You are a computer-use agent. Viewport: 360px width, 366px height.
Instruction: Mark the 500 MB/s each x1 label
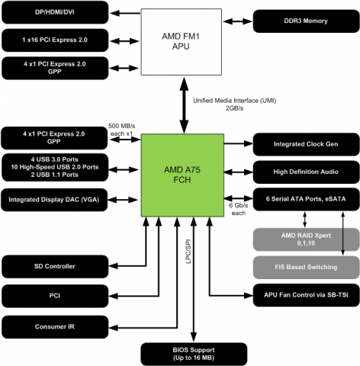(x=120, y=129)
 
